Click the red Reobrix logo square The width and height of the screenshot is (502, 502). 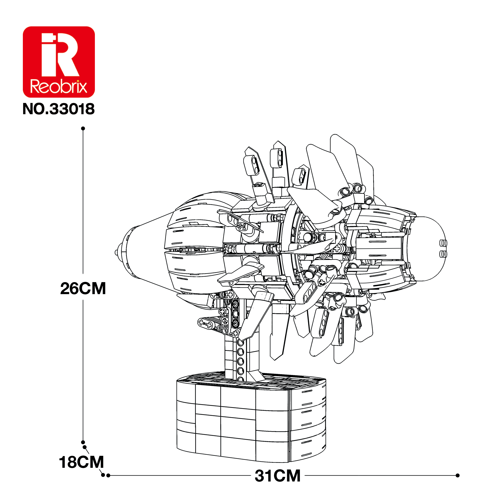pos(59,62)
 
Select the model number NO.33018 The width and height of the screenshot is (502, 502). pos(59,109)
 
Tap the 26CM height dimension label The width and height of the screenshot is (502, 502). pos(83,288)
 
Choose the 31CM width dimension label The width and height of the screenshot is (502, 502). pos(278,483)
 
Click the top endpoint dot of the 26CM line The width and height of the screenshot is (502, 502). pos(83,129)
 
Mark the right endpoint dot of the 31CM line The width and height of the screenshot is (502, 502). pos(458,483)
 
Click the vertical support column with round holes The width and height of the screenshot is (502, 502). pos(241,359)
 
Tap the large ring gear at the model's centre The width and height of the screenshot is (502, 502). pos(299,249)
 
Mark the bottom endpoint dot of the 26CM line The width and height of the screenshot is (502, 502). pos(83,442)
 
